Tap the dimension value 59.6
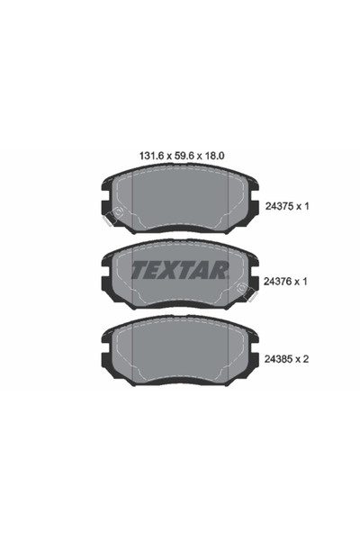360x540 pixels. click(171, 155)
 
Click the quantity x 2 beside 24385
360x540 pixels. click(305, 357)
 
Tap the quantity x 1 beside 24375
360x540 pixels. click(305, 206)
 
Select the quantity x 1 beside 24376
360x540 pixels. click(305, 281)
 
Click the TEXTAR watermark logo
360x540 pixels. click(180, 270)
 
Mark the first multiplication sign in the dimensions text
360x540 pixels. click(153, 155)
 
